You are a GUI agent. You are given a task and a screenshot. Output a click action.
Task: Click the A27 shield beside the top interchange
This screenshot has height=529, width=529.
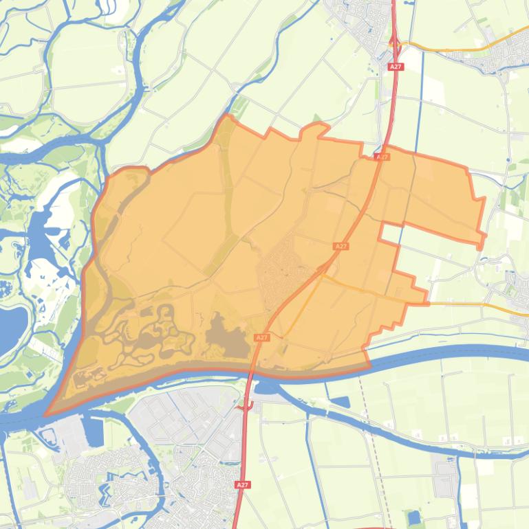395,67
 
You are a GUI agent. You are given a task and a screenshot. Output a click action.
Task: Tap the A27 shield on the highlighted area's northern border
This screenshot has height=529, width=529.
382,157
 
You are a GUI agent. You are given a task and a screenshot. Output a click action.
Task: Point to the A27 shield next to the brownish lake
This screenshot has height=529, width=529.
261,337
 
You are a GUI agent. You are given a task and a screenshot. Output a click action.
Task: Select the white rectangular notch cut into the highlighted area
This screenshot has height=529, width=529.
390,233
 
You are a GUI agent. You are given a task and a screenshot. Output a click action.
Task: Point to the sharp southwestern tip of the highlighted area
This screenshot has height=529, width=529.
47,414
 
